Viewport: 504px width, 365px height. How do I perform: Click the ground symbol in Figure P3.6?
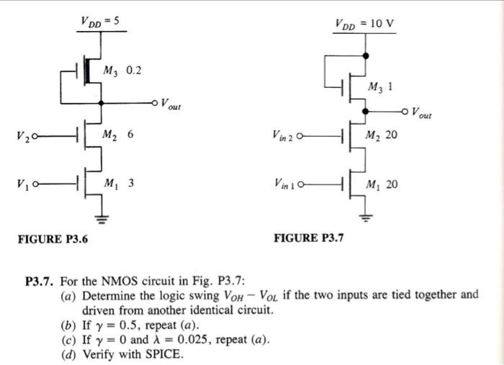point(102,219)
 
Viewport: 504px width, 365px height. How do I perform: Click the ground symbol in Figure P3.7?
point(365,218)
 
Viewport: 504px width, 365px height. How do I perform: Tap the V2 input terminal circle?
point(35,136)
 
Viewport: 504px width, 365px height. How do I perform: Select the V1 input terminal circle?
point(35,184)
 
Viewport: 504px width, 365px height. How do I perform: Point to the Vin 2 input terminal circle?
point(300,136)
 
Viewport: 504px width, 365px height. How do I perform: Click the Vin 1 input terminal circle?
point(301,185)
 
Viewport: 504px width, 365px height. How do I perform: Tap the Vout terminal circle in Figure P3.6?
point(155,103)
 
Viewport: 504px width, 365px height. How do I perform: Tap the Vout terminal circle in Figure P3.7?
point(405,112)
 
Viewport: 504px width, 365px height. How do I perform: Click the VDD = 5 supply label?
point(99,22)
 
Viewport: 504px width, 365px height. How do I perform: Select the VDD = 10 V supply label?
point(364,24)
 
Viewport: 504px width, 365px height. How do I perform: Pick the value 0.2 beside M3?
point(134,71)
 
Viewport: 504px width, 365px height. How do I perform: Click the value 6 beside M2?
point(130,134)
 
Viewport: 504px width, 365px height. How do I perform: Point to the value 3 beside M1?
point(131,183)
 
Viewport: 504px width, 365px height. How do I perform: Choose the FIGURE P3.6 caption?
point(53,239)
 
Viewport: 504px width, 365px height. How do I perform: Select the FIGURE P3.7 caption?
point(309,238)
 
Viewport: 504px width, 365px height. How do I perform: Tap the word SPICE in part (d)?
point(163,354)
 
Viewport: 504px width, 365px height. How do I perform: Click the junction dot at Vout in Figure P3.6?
point(102,103)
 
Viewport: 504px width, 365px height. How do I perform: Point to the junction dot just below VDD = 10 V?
point(366,56)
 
